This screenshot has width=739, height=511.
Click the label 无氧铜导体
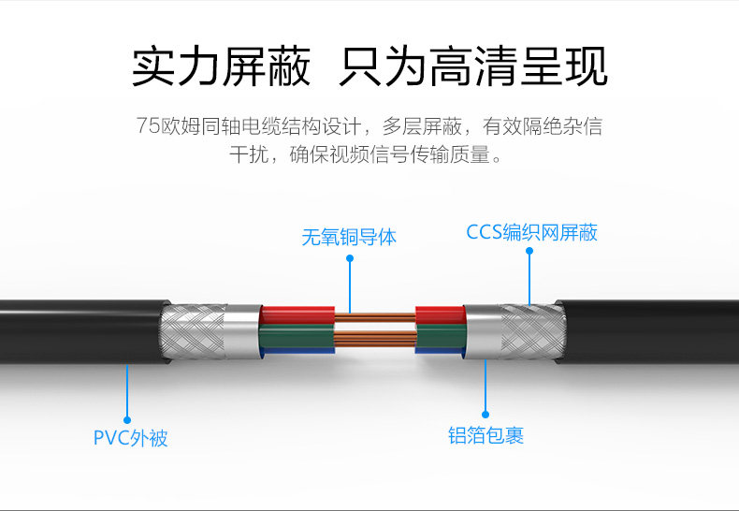click(349, 237)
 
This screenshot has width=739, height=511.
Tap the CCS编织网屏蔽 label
click(531, 232)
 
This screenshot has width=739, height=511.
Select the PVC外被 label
click(130, 437)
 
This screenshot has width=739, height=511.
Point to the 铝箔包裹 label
click(485, 435)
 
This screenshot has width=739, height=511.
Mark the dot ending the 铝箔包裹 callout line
click(485, 414)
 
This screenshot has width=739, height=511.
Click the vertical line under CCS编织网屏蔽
click(529, 276)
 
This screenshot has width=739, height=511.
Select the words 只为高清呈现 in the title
click(473, 68)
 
